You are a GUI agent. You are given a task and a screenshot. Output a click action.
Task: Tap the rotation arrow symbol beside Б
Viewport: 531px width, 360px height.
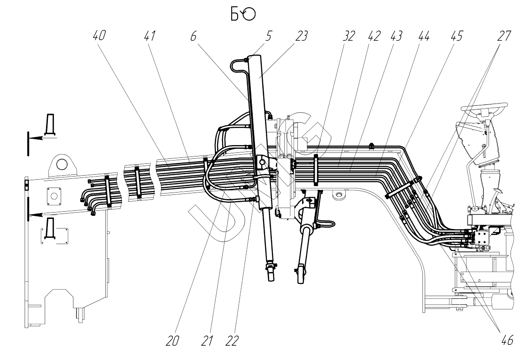pyautogui.click(x=249, y=15)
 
